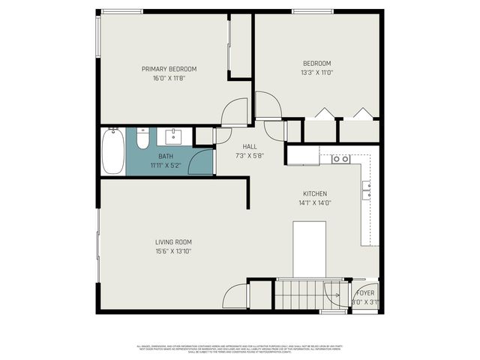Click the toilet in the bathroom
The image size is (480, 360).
pos(142,140)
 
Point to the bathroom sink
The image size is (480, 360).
pos(175,136)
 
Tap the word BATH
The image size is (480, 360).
pos(165,156)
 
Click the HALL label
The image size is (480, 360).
pos(250,146)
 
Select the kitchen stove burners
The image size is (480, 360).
pos(341,159)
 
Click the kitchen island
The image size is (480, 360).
pos(309,249)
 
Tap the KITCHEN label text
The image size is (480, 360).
pos(314,193)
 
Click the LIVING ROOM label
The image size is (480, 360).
pos(173,241)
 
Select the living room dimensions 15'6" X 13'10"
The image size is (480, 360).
pos(173,250)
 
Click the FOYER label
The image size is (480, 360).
pos(365,292)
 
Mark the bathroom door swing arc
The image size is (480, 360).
pos(201,162)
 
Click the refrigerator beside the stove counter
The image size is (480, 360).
pos(303,155)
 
